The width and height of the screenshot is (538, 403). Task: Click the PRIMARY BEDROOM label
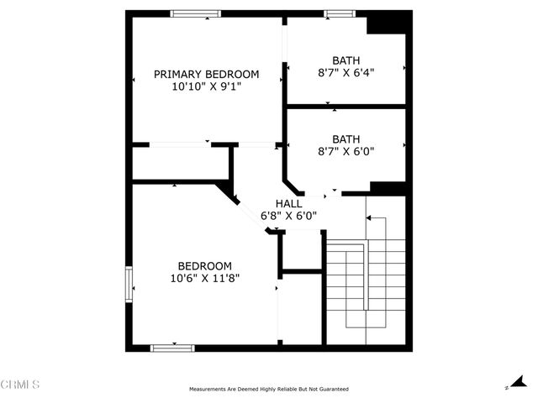pos(206,74)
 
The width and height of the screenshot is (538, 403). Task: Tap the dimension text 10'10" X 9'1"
pos(206,86)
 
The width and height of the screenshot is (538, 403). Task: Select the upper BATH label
pos(345,60)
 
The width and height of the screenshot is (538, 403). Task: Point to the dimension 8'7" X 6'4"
pos(345,72)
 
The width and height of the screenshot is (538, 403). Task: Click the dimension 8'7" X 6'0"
pos(345,151)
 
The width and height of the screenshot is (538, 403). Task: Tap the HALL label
pos(290,203)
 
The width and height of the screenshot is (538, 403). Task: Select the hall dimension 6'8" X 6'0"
pos(290,215)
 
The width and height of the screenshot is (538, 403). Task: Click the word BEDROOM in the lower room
pos(205,265)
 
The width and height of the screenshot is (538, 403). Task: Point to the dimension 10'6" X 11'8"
pos(205,278)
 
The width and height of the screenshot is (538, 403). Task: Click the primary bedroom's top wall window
pos(196,13)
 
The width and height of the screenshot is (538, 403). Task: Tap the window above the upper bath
pos(340,13)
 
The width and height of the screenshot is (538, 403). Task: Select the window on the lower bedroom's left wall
pos(129,282)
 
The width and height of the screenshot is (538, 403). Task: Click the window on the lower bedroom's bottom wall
pos(172,347)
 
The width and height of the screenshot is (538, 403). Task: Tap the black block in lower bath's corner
pos(388,186)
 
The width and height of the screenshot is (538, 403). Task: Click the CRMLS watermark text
pos(20,385)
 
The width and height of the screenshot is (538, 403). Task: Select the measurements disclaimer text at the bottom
pos(269,389)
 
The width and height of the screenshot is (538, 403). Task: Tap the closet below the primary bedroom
pos(181,163)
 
